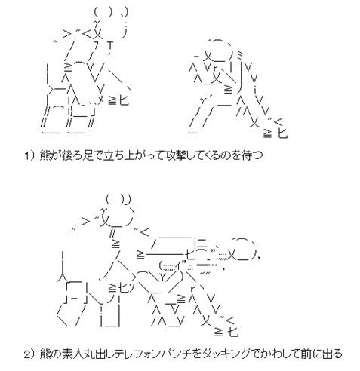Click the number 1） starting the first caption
(29, 155)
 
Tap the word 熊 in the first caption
(45, 155)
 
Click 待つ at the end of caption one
(252, 155)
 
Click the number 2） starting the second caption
(29, 354)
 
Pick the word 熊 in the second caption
(45, 354)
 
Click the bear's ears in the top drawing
(112, 11)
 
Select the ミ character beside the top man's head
(239, 54)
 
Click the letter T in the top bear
(110, 45)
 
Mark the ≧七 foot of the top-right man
(275, 133)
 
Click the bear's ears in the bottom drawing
(118, 200)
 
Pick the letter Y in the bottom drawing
(163, 277)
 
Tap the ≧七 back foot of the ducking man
(226, 332)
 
